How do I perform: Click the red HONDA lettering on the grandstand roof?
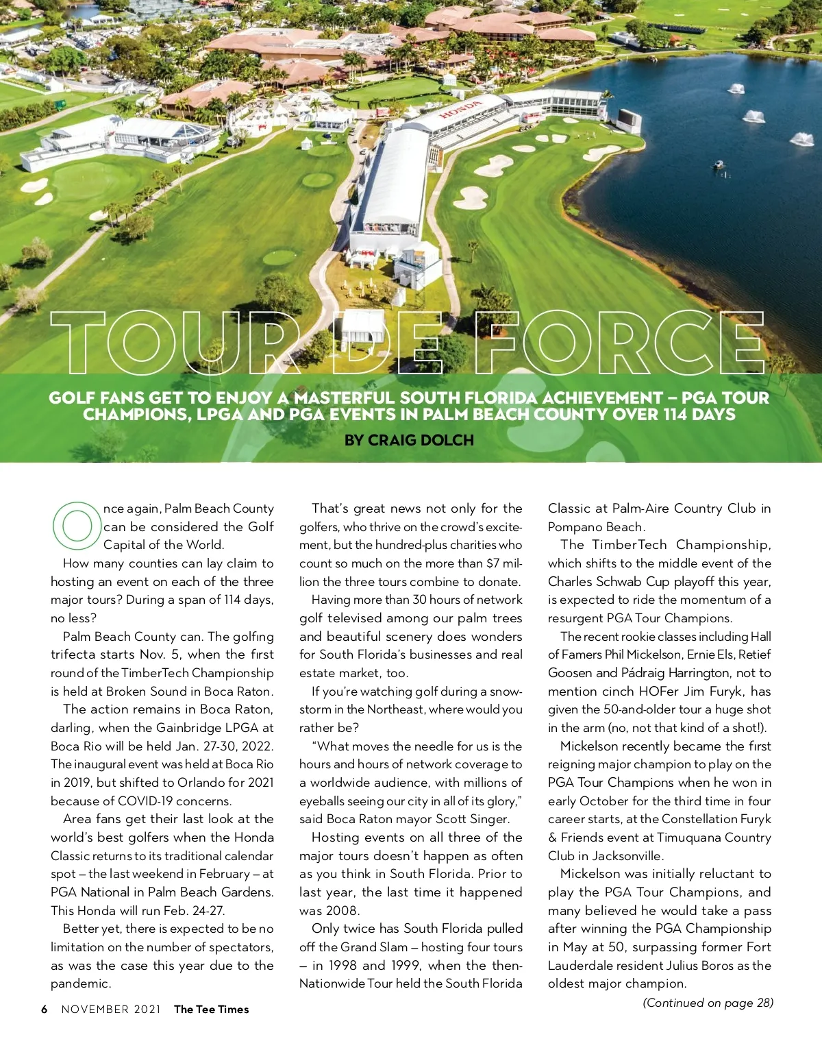pos(461,109)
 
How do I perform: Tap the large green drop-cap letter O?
pos(76,526)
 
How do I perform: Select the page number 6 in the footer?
pos(45,1009)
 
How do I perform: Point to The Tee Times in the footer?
pos(211,1009)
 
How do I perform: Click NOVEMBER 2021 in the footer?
pos(111,1009)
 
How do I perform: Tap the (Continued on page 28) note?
pos(708,1003)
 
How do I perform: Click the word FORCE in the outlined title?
pos(619,341)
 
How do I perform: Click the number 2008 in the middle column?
pos(342,910)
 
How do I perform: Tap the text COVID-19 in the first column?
pos(150,801)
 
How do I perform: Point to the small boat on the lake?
pos(718,164)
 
